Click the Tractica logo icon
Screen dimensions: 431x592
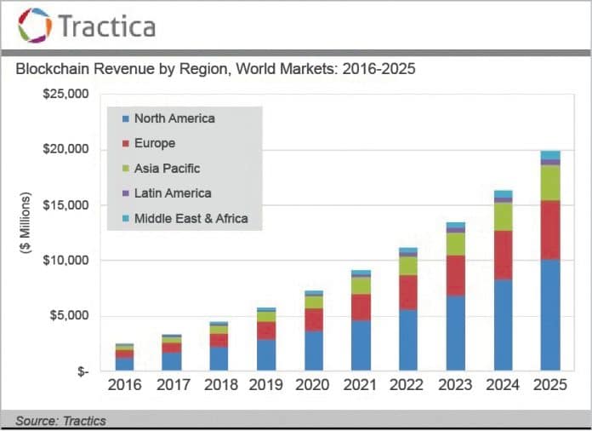(x=34, y=26)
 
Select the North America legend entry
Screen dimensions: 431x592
(x=174, y=118)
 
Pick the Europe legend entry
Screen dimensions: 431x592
(x=155, y=143)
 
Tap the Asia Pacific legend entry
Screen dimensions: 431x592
(x=167, y=168)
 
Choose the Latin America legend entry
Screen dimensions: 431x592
(x=173, y=193)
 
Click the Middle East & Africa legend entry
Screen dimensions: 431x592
(x=191, y=219)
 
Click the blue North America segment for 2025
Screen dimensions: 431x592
(x=550, y=315)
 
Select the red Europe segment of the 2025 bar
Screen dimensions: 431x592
(x=550, y=230)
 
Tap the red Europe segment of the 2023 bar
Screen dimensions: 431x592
(x=455, y=275)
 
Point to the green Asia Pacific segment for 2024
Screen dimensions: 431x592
(x=503, y=216)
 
